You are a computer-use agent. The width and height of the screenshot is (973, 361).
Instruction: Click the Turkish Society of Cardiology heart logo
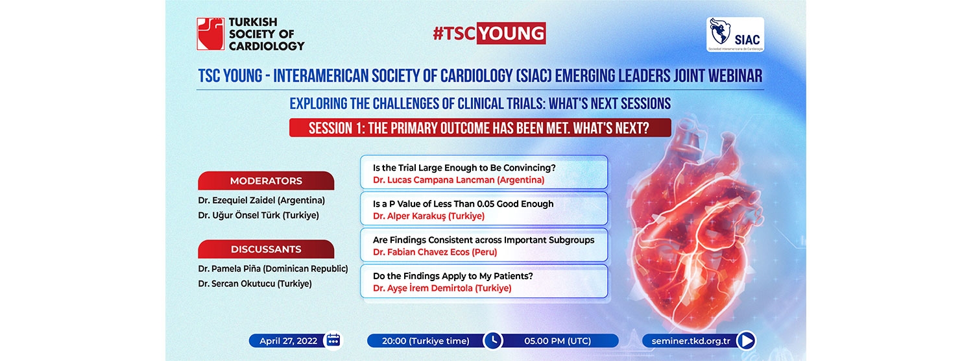tap(210, 34)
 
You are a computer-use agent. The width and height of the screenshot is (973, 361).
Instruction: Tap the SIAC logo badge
tap(735, 35)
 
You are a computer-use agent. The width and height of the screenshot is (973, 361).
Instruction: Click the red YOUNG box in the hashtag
tap(511, 34)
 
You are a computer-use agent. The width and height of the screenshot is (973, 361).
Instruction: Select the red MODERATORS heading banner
tap(266, 180)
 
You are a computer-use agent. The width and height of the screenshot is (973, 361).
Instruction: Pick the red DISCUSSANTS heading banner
tap(266, 249)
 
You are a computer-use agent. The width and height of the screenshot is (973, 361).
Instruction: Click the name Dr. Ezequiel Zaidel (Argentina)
tap(261, 201)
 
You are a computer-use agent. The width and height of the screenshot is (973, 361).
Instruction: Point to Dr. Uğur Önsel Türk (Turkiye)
tap(258, 216)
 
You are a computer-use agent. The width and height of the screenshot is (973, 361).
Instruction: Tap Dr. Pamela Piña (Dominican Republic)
tap(273, 269)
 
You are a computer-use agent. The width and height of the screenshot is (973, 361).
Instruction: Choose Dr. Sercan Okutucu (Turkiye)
tap(255, 284)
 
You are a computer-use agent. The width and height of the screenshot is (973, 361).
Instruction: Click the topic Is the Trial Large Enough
tap(464, 168)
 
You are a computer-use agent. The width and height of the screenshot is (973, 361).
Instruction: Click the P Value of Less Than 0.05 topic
tap(463, 204)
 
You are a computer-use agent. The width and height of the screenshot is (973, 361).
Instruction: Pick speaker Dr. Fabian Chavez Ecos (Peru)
tap(435, 253)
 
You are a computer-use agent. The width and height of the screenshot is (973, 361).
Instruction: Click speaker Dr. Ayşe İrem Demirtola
tap(442, 288)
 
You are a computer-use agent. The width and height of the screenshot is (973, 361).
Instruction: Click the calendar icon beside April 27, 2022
tap(333, 341)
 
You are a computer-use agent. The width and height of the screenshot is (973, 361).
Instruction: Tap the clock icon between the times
tap(492, 341)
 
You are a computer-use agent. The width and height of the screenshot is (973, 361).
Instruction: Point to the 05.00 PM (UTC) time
tap(557, 341)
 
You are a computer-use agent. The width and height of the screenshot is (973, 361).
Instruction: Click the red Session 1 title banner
tap(480, 128)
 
